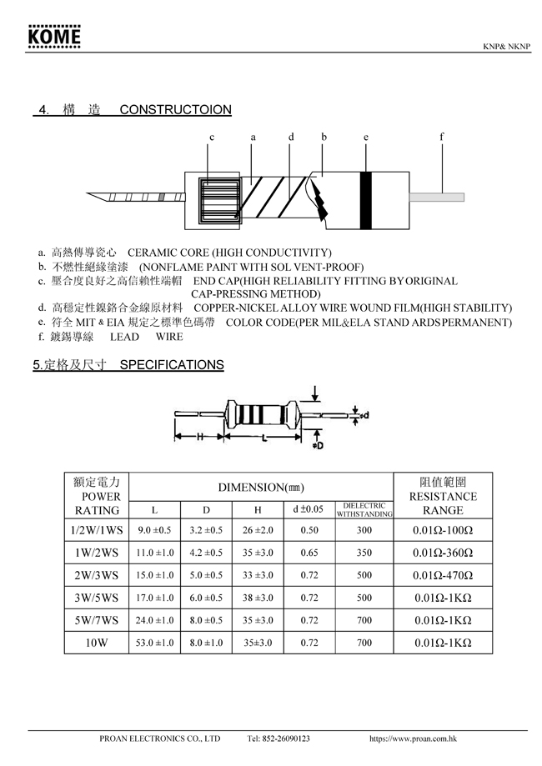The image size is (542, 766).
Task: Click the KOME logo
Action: (54, 37)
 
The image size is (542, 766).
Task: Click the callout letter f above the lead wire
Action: (442, 137)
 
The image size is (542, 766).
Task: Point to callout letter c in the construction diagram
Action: (212, 137)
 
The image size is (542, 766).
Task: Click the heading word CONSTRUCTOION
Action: (175, 110)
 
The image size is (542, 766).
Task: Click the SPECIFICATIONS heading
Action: (172, 364)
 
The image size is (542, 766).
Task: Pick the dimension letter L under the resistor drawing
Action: (264, 437)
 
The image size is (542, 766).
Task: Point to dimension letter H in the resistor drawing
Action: (200, 437)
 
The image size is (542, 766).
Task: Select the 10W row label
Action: (97, 643)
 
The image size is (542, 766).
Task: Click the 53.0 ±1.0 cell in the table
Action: (154, 643)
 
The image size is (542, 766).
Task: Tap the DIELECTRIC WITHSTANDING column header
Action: (364, 509)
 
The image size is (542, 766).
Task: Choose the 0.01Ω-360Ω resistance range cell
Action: (444, 553)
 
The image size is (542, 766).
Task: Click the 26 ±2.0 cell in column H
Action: (258, 530)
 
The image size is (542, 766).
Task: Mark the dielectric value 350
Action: (364, 553)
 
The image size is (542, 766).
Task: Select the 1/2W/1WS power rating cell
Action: (97, 530)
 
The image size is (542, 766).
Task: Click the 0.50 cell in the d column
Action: (309, 530)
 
